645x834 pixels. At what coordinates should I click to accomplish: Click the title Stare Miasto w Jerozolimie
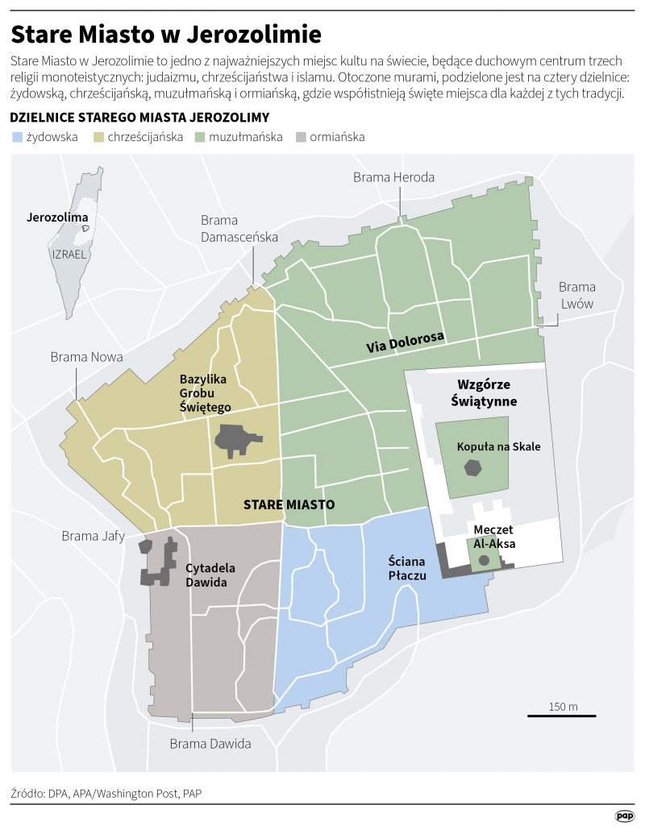coord(165,34)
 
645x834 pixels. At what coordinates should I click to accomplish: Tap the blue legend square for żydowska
coord(17,137)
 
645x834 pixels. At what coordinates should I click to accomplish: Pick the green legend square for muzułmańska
coord(200,137)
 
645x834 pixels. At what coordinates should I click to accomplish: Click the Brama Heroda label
coord(393,177)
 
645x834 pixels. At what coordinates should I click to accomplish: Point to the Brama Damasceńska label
coord(239,229)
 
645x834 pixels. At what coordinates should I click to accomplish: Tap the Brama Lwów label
coord(576,295)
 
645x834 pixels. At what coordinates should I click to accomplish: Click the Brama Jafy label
coord(94,536)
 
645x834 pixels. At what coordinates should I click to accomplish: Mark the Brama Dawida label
coord(210,744)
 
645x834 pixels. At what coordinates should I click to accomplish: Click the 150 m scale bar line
coord(563,714)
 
